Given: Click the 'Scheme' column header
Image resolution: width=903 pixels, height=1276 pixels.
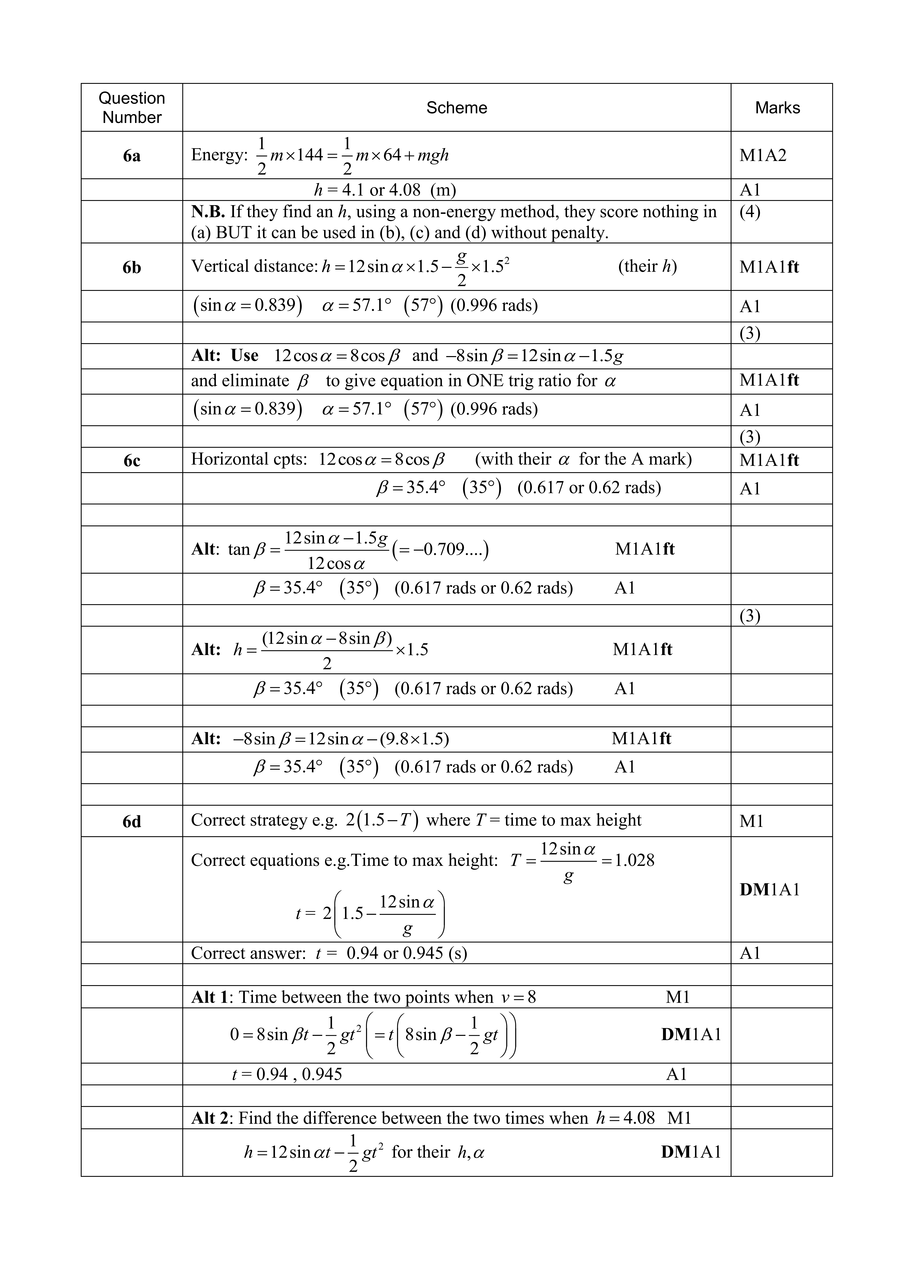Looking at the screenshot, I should (456, 108).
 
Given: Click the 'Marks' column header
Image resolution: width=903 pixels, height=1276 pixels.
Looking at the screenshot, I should (777, 108).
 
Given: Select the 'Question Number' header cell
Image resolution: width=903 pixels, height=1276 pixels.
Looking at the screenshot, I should (132, 108).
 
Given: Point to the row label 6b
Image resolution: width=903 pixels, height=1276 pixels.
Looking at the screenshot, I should (132, 268).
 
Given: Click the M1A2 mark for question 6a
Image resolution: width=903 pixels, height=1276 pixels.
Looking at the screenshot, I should (763, 156).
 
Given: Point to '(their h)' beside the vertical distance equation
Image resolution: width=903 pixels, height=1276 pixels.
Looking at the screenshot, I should (647, 266).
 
